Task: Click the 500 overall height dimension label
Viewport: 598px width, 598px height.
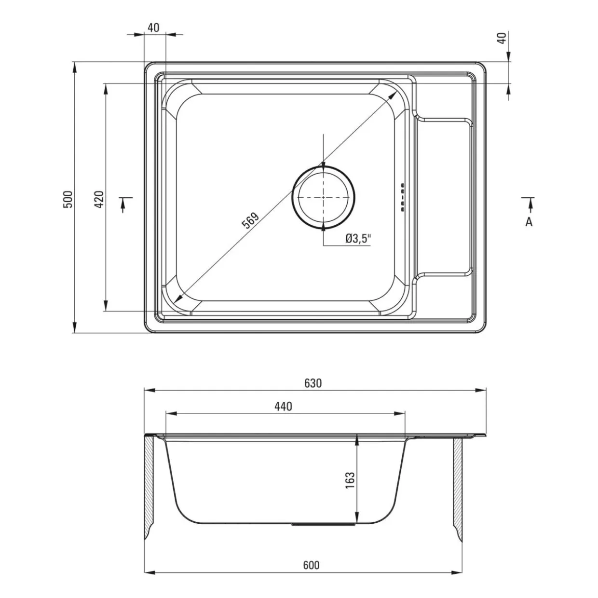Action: pos(68,199)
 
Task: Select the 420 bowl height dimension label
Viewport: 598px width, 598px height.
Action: pos(99,199)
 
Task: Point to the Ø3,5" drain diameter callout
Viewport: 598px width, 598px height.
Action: pos(358,239)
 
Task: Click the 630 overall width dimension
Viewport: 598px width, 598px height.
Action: pos(313,383)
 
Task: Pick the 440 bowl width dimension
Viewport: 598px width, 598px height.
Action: pos(283,407)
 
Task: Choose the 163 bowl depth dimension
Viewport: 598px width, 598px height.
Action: pos(350,480)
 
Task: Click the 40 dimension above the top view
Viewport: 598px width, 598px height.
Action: pos(153,28)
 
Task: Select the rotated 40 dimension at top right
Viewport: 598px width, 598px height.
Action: pos(502,38)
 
